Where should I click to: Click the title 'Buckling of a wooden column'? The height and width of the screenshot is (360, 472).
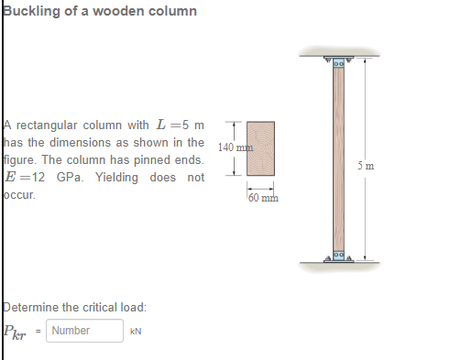coord(100,11)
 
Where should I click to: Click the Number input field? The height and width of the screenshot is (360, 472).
coord(84,331)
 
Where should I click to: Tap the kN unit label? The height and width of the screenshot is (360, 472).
coord(136,331)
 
